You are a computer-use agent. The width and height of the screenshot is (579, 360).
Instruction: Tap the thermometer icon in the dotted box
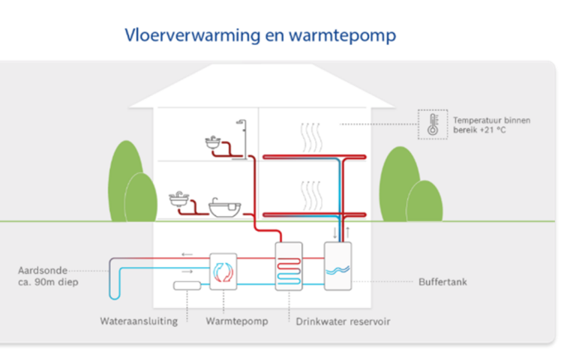click(432, 125)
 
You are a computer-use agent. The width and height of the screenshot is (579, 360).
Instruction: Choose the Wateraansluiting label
click(138, 320)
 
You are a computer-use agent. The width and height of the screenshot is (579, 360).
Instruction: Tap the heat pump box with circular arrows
click(223, 271)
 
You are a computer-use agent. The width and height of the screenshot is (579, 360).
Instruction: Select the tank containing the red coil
click(289, 267)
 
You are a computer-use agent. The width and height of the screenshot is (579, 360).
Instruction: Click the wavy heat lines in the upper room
click(310, 137)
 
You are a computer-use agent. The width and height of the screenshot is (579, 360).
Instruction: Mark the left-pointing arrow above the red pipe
click(188, 255)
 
